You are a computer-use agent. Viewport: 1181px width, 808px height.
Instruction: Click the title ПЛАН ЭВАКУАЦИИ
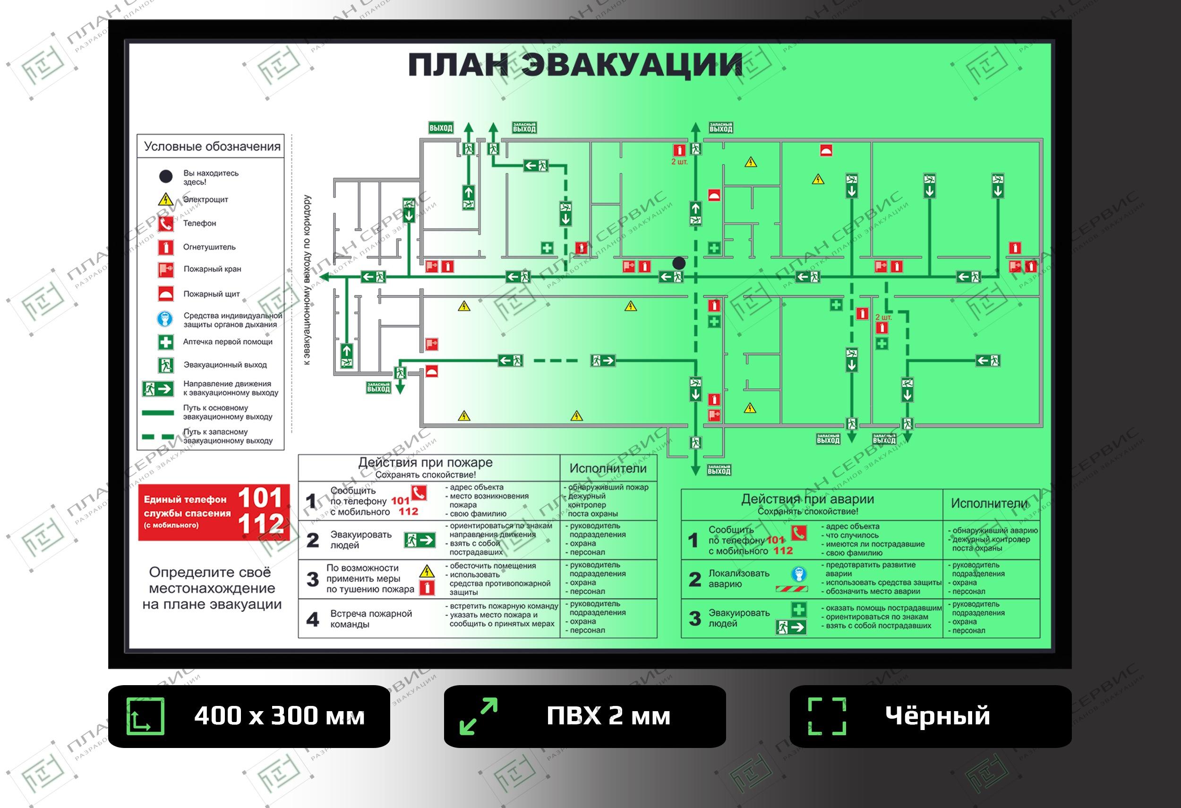tap(575, 65)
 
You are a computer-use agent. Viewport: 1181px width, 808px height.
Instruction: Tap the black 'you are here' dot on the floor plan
tap(679, 263)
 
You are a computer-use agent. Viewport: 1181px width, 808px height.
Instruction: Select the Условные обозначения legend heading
tap(212, 146)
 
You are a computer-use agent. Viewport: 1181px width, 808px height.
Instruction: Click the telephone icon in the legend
tap(166, 223)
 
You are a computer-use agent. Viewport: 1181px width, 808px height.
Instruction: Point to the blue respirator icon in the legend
tap(165, 319)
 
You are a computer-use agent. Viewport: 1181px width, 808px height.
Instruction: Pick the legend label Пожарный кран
tap(213, 269)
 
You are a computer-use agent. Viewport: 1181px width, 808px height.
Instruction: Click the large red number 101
tap(260, 498)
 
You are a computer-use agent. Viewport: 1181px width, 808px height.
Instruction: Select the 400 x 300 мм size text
tap(279, 716)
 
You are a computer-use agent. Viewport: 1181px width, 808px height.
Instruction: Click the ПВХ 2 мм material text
tap(608, 716)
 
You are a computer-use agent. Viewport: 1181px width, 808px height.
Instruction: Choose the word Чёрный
tap(938, 716)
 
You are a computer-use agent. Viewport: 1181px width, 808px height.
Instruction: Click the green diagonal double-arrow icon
tap(478, 716)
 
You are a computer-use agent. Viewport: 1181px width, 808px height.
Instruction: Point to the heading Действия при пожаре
tap(425, 463)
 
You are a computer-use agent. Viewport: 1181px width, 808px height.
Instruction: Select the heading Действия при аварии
tap(807, 499)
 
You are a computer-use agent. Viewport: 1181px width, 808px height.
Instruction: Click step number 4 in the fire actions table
tap(313, 619)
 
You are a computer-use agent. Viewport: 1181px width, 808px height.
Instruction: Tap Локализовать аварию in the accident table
tap(739, 579)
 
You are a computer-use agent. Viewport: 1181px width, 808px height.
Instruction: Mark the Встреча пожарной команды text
tap(371, 619)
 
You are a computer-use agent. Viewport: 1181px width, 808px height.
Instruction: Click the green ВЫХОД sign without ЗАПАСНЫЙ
tap(441, 128)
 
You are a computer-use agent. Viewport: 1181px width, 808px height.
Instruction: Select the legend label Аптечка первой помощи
tap(228, 342)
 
